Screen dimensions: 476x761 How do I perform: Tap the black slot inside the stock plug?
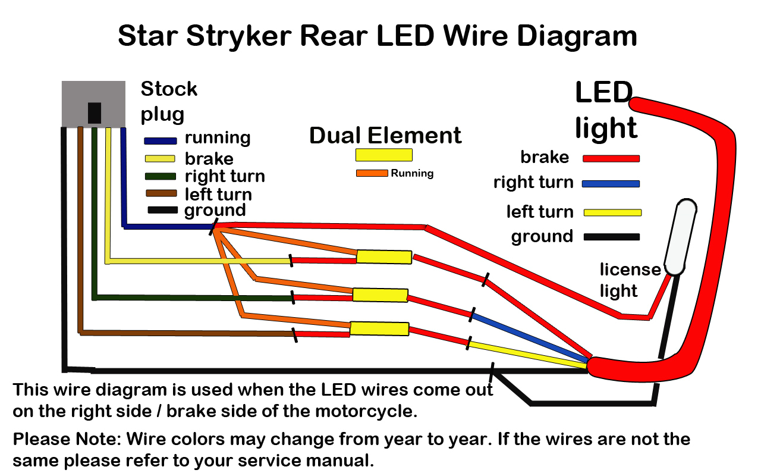click(94, 112)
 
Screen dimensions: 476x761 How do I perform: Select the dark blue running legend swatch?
click(161, 141)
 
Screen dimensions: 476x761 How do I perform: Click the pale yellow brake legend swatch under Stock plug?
click(159, 158)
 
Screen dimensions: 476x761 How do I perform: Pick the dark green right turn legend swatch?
click(161, 176)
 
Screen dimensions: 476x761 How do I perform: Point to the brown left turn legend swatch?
click(161, 193)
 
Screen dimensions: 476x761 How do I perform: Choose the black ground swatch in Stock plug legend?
click(162, 210)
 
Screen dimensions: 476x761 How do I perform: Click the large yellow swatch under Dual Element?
click(383, 155)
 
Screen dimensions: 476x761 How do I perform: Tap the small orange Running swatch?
click(372, 173)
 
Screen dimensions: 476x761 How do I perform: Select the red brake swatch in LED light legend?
click(611, 159)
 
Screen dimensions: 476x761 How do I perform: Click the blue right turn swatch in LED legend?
click(611, 184)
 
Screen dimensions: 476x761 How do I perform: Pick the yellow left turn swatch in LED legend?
click(612, 212)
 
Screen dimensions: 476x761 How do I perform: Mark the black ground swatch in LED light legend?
click(611, 237)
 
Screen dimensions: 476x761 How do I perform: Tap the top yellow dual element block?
click(383, 257)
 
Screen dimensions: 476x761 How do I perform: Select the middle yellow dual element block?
click(380, 295)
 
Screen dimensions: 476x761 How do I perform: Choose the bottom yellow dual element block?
click(379, 328)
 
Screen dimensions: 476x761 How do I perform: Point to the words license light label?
click(629, 280)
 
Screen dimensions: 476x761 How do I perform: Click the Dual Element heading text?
click(385, 136)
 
